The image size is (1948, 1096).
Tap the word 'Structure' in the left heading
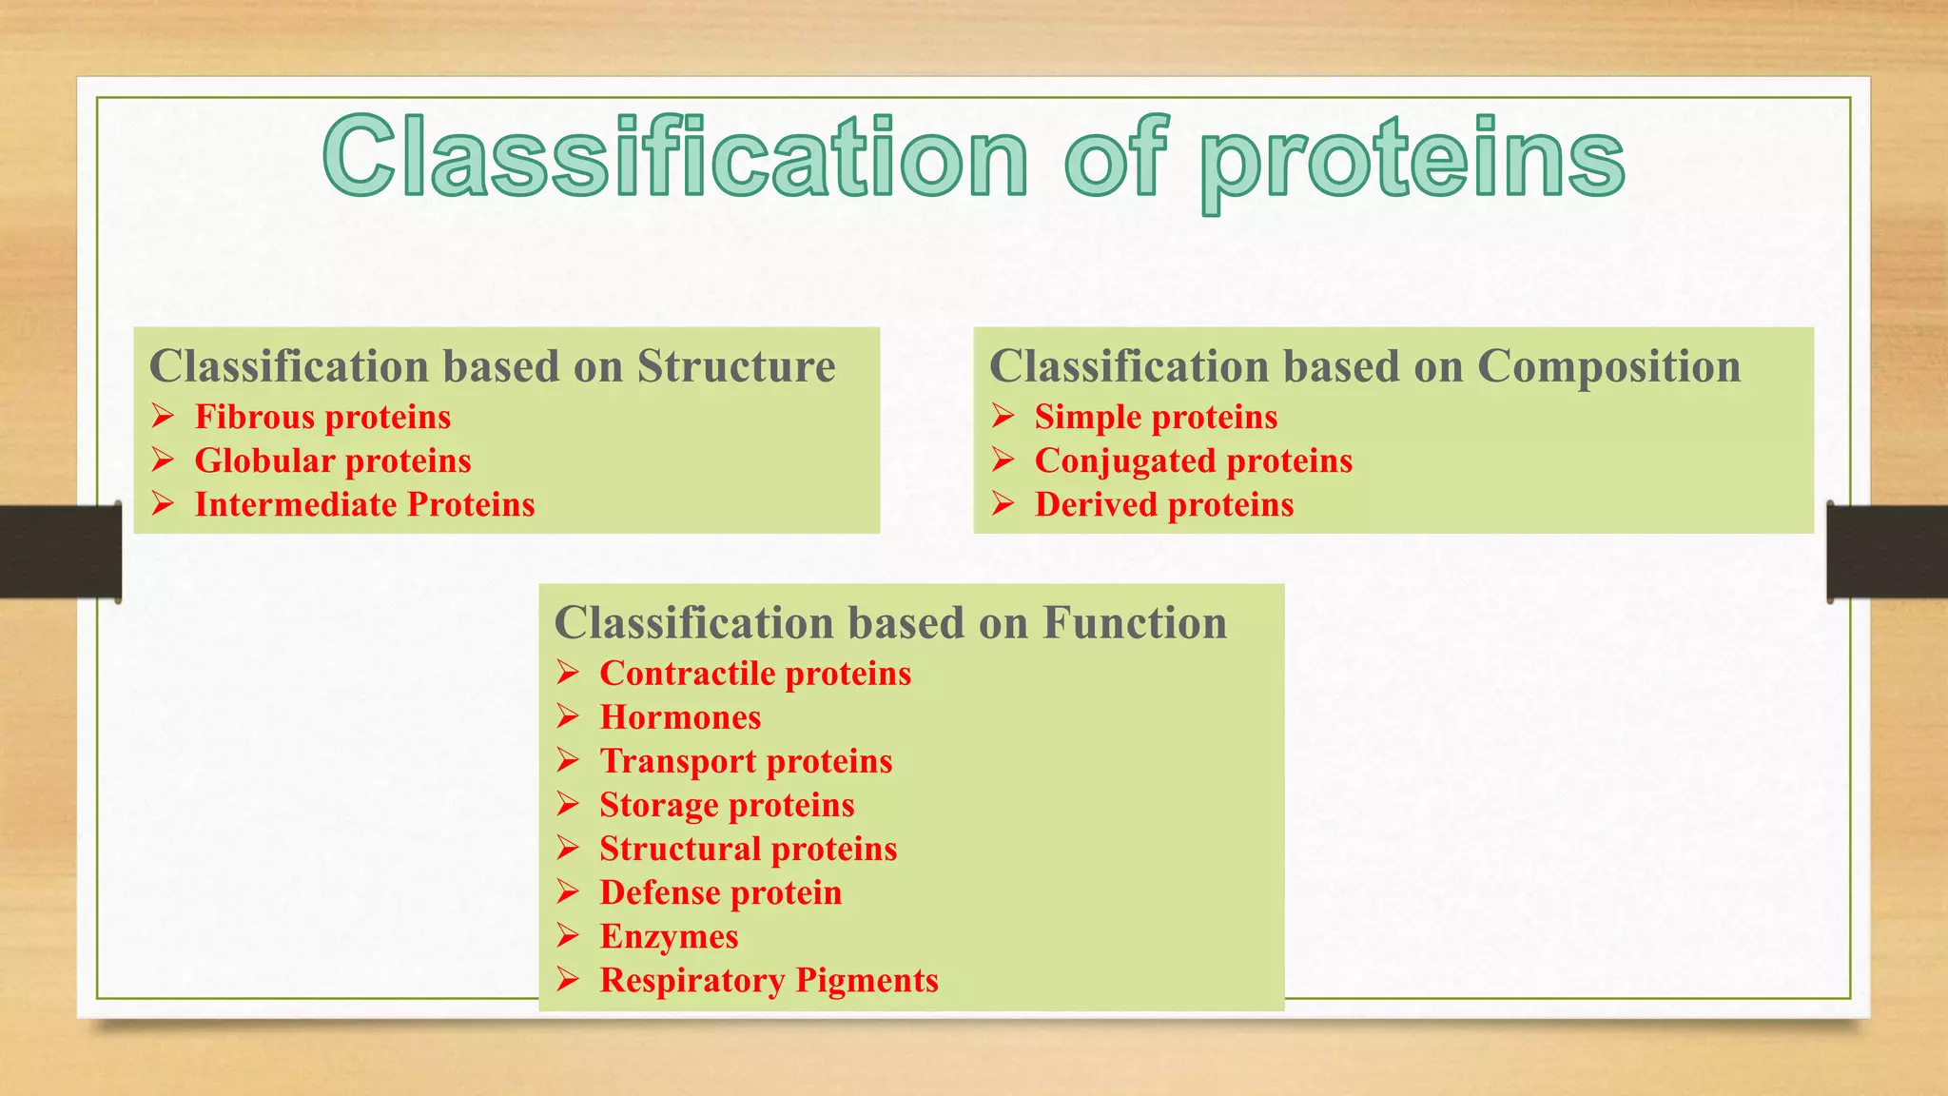[x=736, y=366]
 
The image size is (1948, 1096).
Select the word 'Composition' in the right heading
[x=1608, y=366]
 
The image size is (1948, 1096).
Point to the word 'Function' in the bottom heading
[x=1134, y=623]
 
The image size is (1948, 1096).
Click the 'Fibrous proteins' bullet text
[x=322, y=417]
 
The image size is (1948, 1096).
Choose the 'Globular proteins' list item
[x=333, y=460]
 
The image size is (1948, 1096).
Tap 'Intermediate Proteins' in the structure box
[x=364, y=504]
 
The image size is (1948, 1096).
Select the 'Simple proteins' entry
[x=1156, y=417]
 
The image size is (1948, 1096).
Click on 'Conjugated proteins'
[x=1193, y=460]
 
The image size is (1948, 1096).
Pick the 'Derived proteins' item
[x=1164, y=504]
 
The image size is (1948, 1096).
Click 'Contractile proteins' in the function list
[x=755, y=674]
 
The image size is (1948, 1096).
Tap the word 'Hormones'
[x=680, y=717]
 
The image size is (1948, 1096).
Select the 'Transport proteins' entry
[x=746, y=761]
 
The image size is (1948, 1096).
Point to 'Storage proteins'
[x=727, y=805]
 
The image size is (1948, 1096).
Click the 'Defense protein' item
[x=720, y=892]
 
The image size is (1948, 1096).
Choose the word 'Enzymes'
[x=669, y=936]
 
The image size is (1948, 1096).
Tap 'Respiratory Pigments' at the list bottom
[x=769, y=980]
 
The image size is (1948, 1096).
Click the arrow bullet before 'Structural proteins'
[x=568, y=848]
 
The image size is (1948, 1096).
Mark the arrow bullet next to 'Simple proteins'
[x=1003, y=416]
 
